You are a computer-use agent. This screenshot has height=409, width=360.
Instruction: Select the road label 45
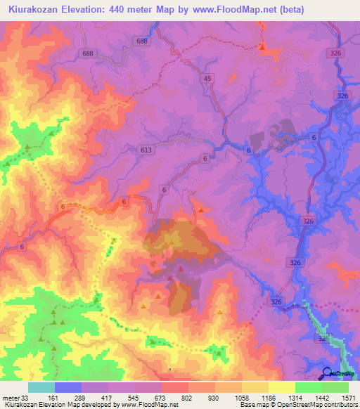click(x=207, y=79)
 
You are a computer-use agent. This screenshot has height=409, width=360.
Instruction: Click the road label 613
click(x=146, y=150)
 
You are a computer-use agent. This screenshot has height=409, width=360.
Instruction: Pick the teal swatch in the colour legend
click(x=41, y=387)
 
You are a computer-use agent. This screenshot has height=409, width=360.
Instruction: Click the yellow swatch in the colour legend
click(x=282, y=387)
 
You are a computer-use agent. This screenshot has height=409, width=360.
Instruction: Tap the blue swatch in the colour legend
click(x=68, y=387)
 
